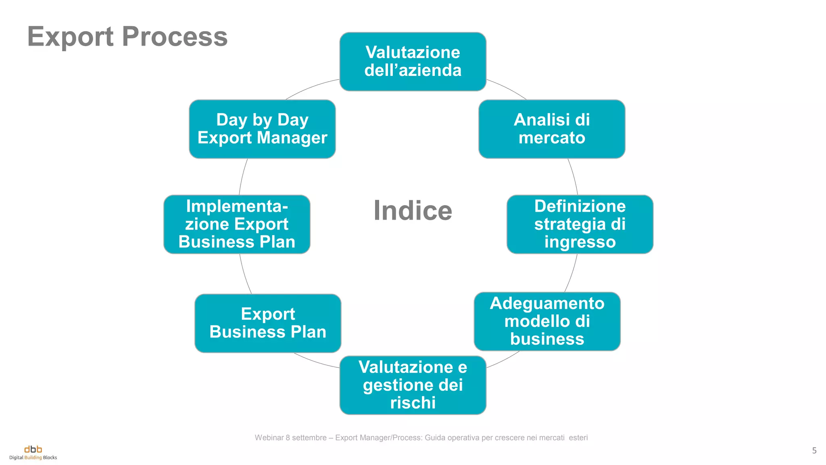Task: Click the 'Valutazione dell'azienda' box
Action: point(413,61)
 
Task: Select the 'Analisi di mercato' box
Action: point(551,129)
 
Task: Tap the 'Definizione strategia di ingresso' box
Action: point(580,224)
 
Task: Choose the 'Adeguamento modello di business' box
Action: point(547,321)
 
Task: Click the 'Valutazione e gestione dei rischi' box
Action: point(413,385)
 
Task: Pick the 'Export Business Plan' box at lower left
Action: point(268,323)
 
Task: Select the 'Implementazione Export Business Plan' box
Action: point(237,224)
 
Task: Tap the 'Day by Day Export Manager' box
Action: point(262,129)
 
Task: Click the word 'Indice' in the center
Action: point(413,210)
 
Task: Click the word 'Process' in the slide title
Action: point(175,36)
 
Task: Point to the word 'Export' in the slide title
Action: point(71,36)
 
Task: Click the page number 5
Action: point(814,450)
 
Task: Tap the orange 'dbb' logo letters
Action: point(33,449)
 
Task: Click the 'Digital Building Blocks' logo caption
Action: point(33,458)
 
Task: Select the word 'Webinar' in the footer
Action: point(270,438)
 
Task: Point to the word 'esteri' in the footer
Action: point(578,438)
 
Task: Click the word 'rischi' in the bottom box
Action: point(413,402)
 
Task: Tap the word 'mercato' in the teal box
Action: point(551,138)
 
